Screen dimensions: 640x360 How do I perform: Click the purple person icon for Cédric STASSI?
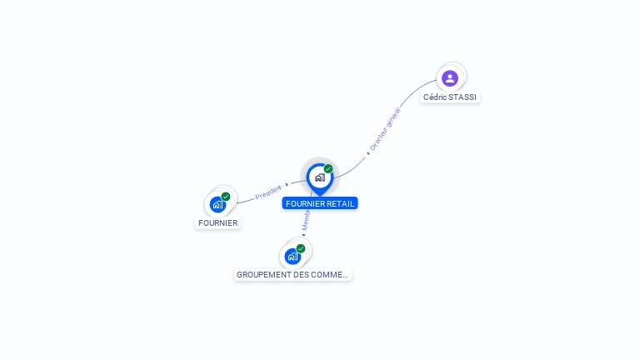pyautogui.click(x=450, y=78)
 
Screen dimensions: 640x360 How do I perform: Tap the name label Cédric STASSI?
pyautogui.click(x=450, y=97)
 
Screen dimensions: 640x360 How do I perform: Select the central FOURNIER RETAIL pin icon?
pyautogui.click(x=319, y=177)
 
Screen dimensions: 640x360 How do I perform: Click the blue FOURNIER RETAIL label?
pyautogui.click(x=320, y=203)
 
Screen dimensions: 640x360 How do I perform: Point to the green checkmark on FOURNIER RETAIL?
pyautogui.click(x=328, y=168)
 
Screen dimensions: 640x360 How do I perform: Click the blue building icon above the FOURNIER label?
pyautogui.click(x=217, y=204)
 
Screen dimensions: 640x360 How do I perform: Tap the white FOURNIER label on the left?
pyautogui.click(x=217, y=223)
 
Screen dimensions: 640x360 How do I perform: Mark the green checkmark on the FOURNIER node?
pyautogui.click(x=226, y=197)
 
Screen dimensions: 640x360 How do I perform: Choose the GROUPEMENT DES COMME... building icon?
pyautogui.click(x=292, y=256)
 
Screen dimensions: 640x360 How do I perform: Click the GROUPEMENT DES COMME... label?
pyautogui.click(x=292, y=274)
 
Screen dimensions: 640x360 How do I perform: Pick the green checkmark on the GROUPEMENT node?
pyautogui.click(x=301, y=248)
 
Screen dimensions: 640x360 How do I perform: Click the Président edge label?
pyautogui.click(x=268, y=192)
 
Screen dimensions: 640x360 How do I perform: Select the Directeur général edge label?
pyautogui.click(x=386, y=128)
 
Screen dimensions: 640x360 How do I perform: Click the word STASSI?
pyautogui.click(x=462, y=97)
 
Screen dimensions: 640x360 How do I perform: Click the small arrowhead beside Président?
pyautogui.click(x=287, y=185)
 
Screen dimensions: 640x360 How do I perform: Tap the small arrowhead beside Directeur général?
pyautogui.click(x=367, y=153)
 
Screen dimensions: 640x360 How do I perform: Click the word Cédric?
pyautogui.click(x=435, y=97)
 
